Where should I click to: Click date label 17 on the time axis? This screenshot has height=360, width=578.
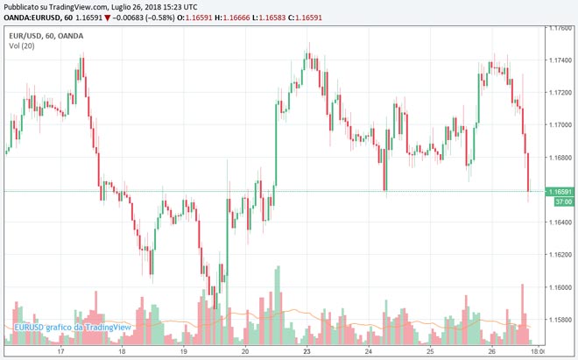60,351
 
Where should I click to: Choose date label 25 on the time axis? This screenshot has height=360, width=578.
431,351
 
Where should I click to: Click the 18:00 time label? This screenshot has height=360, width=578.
539,351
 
